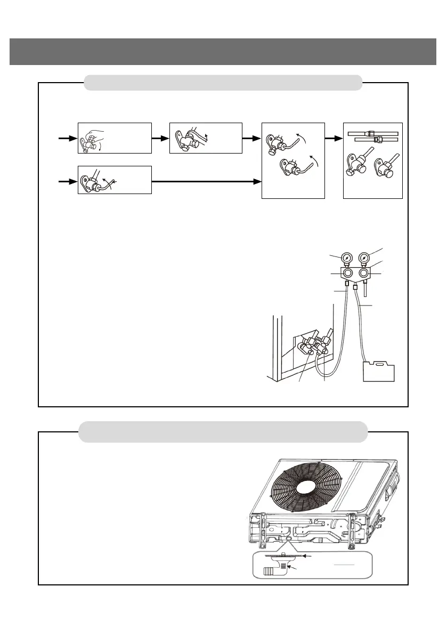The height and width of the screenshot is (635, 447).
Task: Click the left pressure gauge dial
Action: [x=346, y=258]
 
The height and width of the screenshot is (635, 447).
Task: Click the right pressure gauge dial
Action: [x=363, y=258]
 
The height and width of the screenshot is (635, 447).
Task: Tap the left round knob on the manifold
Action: [x=347, y=273]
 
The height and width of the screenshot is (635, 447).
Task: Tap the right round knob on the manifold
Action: [x=364, y=273]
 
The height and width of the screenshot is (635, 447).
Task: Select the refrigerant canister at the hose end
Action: [x=379, y=371]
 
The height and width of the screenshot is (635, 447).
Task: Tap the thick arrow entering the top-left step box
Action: [x=67, y=138]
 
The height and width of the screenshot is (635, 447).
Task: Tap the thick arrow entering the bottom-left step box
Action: [x=67, y=181]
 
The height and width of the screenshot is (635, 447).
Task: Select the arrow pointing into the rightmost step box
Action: [x=334, y=138]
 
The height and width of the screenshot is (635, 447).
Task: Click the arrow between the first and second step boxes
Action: [x=160, y=138]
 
